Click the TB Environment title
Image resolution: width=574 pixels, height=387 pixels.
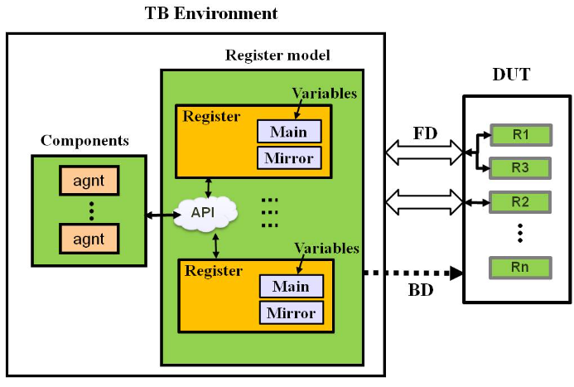click(x=211, y=13)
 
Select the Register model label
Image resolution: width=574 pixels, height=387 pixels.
click(x=277, y=56)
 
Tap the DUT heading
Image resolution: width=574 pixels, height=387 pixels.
click(x=511, y=75)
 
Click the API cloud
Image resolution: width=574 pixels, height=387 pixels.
click(x=204, y=213)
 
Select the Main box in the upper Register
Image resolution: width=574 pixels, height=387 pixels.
click(x=288, y=131)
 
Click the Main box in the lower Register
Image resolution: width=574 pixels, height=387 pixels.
click(x=290, y=287)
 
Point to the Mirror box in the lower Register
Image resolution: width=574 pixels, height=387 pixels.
click(x=291, y=313)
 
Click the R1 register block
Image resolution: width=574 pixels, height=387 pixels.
click(x=520, y=135)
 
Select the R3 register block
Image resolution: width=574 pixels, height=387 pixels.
click(x=520, y=168)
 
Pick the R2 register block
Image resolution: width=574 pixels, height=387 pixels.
click(x=520, y=201)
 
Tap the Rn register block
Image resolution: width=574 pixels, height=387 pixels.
click(x=520, y=268)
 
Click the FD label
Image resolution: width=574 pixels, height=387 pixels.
click(x=426, y=133)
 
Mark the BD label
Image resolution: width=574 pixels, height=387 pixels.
click(x=422, y=292)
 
